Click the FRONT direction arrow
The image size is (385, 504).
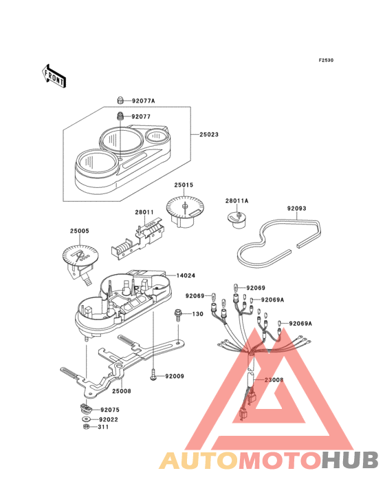(54, 76)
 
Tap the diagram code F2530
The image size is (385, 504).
(326, 60)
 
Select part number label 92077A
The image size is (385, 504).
(144, 101)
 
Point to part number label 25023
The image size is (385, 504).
(209, 135)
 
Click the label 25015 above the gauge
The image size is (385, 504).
(184, 185)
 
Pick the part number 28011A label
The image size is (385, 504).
(236, 201)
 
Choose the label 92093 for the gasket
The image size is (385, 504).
(297, 209)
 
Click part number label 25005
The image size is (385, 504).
(80, 231)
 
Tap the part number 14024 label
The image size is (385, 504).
(186, 276)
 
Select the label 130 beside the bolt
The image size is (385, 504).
(197, 314)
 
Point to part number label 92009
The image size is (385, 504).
(175, 377)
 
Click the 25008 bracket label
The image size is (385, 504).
(122, 391)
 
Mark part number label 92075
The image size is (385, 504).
(110, 410)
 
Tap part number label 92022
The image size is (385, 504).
(109, 420)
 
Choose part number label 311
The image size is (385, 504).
(103, 427)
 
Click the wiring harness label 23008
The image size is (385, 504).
(274, 380)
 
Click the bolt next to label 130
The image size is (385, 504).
(178, 315)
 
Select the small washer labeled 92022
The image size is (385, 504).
(86, 419)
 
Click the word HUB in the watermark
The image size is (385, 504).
(350, 460)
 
